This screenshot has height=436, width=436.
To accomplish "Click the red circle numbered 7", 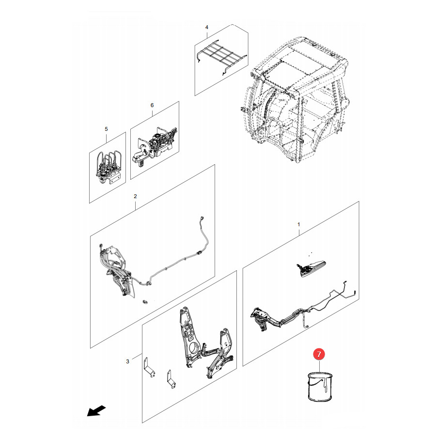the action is (319, 354).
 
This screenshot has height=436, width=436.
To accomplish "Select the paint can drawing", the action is (320, 387).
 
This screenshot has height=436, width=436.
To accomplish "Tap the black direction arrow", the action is (96, 411).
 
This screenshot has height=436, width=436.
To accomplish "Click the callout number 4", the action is (206, 27).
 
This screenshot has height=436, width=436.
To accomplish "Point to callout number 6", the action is (152, 105).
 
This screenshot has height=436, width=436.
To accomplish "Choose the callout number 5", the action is (106, 129).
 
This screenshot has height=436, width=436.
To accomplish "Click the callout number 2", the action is (136, 196).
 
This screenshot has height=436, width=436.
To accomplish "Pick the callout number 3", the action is (127, 361).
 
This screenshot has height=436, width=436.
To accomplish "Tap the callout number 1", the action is (299, 224).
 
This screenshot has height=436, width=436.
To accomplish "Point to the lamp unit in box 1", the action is (311, 268).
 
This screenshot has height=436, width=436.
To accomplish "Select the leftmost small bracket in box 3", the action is (150, 367).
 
